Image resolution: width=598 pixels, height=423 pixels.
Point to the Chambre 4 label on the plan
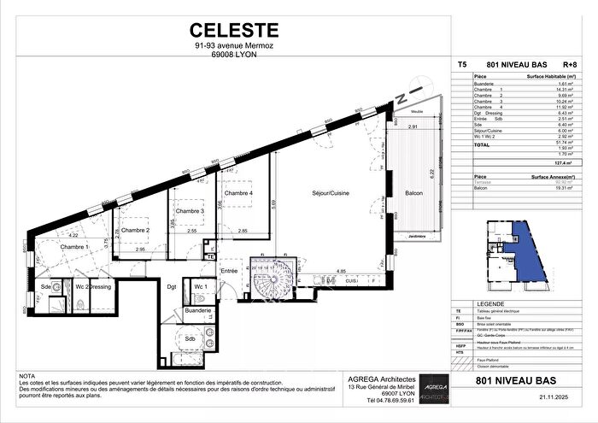pyautogui.click(x=239, y=192)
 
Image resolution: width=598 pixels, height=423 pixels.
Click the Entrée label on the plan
pyautogui.click(x=229, y=271)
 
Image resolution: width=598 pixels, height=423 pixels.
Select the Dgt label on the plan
pyautogui.click(x=171, y=286)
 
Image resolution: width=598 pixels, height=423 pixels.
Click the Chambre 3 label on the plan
pyautogui.click(x=191, y=211)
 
